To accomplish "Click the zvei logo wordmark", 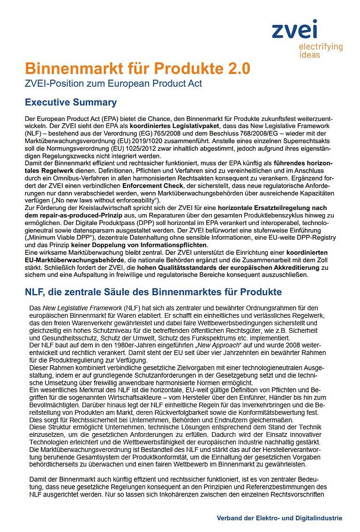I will [x=294, y=30].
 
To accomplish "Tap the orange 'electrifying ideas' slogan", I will [x=321, y=51].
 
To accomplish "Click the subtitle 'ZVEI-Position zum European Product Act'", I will [x=113, y=83].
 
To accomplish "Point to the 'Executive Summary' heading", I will [x=71, y=102].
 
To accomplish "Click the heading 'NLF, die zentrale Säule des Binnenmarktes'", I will [x=153, y=292].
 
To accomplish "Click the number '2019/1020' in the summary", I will [x=173, y=141].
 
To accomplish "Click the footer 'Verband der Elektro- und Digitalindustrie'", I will [x=279, y=518].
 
